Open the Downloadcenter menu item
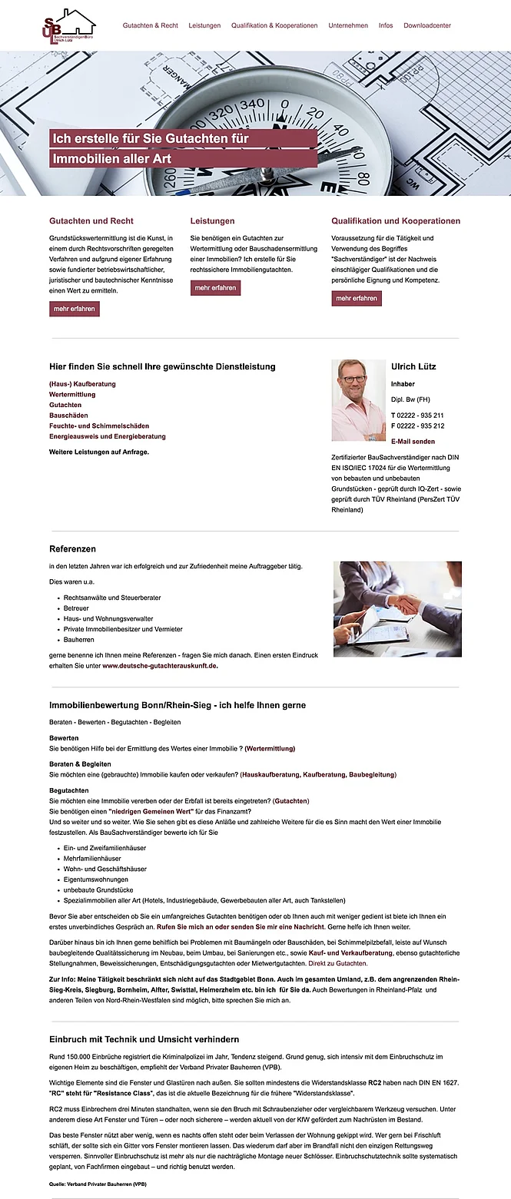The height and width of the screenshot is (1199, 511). (x=427, y=25)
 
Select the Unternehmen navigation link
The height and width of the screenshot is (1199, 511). (x=348, y=25)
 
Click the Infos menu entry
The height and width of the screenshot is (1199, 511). (x=386, y=25)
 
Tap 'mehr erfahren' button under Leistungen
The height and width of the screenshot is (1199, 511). (x=215, y=288)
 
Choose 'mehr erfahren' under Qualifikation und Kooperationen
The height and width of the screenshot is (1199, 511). (x=357, y=298)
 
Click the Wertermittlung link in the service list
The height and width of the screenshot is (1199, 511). (x=72, y=394)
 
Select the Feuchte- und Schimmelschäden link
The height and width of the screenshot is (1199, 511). (x=99, y=426)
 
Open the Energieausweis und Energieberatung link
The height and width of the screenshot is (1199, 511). (x=108, y=436)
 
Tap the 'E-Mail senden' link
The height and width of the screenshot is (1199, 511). (x=413, y=442)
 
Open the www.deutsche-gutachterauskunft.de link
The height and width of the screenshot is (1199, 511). (x=160, y=666)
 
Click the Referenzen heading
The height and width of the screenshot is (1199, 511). (x=73, y=549)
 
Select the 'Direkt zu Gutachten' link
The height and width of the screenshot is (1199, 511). (x=337, y=962)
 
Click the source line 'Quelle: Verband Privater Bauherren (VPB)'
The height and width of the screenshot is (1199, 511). (x=98, y=1184)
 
